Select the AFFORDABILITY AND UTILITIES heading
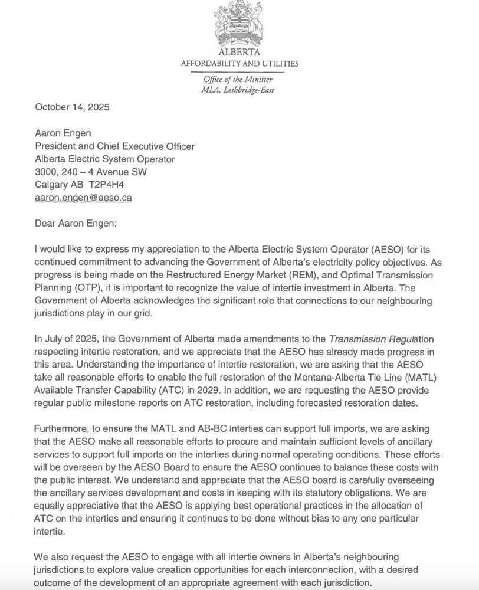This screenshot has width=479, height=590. [x=239, y=64]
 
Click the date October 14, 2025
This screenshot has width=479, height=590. [x=72, y=107]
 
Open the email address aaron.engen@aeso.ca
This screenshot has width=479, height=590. [x=83, y=198]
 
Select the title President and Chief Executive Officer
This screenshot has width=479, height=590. [x=114, y=146]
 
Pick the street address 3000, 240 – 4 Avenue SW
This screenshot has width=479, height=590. [x=91, y=172]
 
